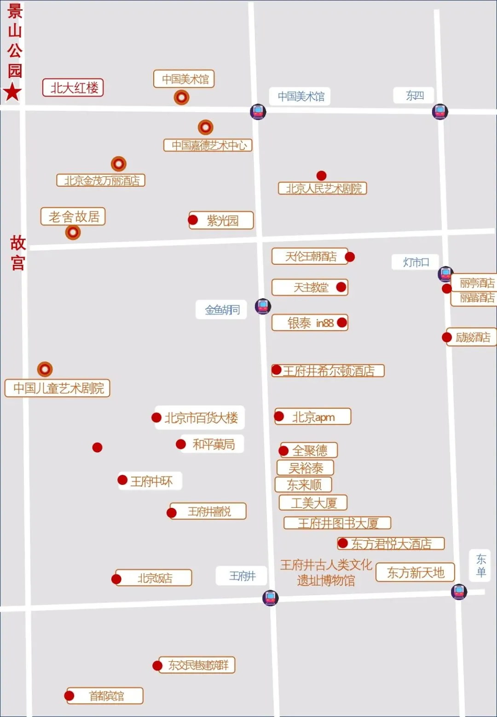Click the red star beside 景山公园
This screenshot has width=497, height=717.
[x=12, y=92]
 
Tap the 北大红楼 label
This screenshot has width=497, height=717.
[x=73, y=88]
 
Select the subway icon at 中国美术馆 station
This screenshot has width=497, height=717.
[x=258, y=112]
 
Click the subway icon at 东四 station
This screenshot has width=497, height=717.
[x=440, y=111]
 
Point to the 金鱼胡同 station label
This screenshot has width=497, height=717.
[x=222, y=310]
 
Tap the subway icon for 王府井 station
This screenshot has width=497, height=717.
[x=270, y=597]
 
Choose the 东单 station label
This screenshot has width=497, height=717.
[x=481, y=565]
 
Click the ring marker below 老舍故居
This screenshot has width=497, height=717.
[x=73, y=232]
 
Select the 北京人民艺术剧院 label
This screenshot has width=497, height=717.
[x=323, y=188]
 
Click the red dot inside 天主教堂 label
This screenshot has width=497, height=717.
[x=341, y=287]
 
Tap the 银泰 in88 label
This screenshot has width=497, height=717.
[x=310, y=323]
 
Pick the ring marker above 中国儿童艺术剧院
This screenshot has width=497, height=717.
[x=45, y=369]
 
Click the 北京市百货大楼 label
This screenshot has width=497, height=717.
[x=201, y=418]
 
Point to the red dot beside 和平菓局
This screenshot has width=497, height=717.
[x=181, y=444]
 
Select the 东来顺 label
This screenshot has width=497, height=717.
[x=304, y=484]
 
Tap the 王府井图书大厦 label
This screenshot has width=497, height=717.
[x=337, y=523]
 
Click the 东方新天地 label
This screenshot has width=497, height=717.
[x=415, y=573]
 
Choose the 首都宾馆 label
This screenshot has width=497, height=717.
[x=106, y=696]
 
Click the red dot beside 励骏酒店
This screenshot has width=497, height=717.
[x=446, y=337]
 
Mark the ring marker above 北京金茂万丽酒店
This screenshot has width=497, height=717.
[x=119, y=164]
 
